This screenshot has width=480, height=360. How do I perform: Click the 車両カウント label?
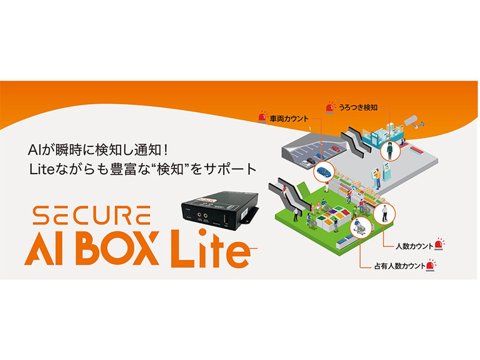(x=289, y=119)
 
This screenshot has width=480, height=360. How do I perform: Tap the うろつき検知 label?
(x=358, y=107)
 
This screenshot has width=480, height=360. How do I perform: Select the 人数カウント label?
(x=414, y=246)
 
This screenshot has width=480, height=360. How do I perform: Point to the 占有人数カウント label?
(x=400, y=266)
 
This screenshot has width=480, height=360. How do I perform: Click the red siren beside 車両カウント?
(x=263, y=117)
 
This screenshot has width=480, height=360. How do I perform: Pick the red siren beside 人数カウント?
(x=439, y=244)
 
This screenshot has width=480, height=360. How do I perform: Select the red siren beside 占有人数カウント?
(x=431, y=265)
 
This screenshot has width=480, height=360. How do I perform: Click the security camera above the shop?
(x=413, y=122)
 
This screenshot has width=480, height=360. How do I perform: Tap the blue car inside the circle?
(x=323, y=172)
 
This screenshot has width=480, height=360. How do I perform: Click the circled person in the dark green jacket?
(x=389, y=151)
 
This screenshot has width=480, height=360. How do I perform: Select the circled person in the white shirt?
(x=385, y=214)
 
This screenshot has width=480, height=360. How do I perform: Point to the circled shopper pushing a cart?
(x=359, y=227)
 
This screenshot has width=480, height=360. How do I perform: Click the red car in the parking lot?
(x=335, y=149)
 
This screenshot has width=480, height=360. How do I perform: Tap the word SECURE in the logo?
(x=92, y=215)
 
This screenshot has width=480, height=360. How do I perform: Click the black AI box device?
(x=220, y=211)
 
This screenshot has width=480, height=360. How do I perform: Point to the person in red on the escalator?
(x=284, y=191)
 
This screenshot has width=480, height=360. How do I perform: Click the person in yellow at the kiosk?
(x=378, y=179)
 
